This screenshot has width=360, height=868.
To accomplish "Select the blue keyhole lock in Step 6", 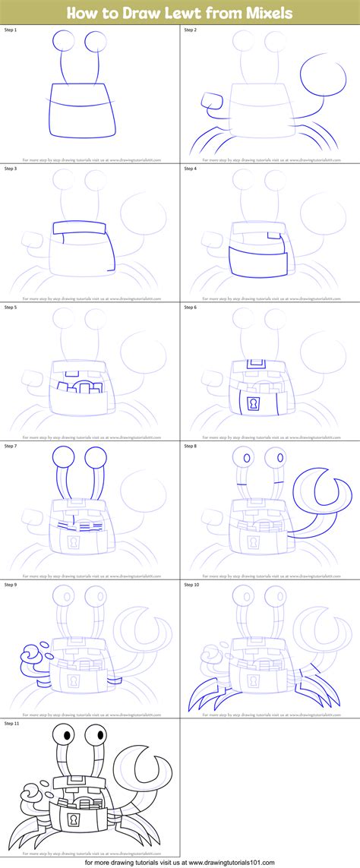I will pyautogui.click(x=253, y=402).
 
